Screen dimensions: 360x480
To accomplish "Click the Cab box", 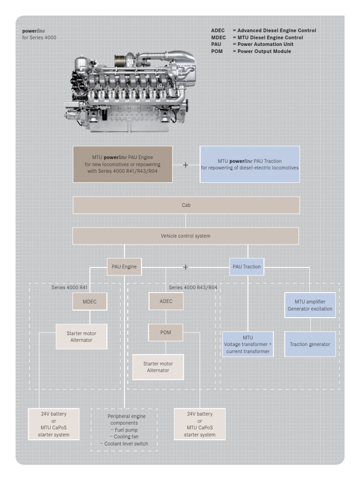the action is point(186,205).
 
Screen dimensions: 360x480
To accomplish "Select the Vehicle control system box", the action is point(185,236).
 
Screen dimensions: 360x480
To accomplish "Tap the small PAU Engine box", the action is point(124,267).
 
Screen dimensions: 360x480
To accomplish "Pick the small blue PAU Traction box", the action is point(247,267).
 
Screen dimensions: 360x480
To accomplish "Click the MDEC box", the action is point(90,302).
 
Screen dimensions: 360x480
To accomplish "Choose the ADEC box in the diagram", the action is point(166,301).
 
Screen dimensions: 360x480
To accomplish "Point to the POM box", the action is point(166,333).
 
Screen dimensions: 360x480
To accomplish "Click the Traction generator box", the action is point(310,344).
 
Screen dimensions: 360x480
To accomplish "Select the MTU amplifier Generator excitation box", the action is point(310,305).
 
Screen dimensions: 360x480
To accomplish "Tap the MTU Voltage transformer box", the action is point(248,344).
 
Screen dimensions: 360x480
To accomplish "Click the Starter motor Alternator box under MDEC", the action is point(82,336).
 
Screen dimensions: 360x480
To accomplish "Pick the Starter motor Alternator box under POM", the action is point(158,367).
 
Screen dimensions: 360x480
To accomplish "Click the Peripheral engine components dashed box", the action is point(124,430).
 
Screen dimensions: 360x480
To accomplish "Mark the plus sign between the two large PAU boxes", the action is point(185,165).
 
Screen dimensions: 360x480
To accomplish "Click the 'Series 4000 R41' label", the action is point(69,288).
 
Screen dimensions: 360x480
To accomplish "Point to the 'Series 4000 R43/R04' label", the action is point(193,288).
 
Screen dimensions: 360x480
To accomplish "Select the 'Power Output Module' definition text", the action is point(264,51).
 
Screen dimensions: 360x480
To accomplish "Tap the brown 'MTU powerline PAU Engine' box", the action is point(123,164).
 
